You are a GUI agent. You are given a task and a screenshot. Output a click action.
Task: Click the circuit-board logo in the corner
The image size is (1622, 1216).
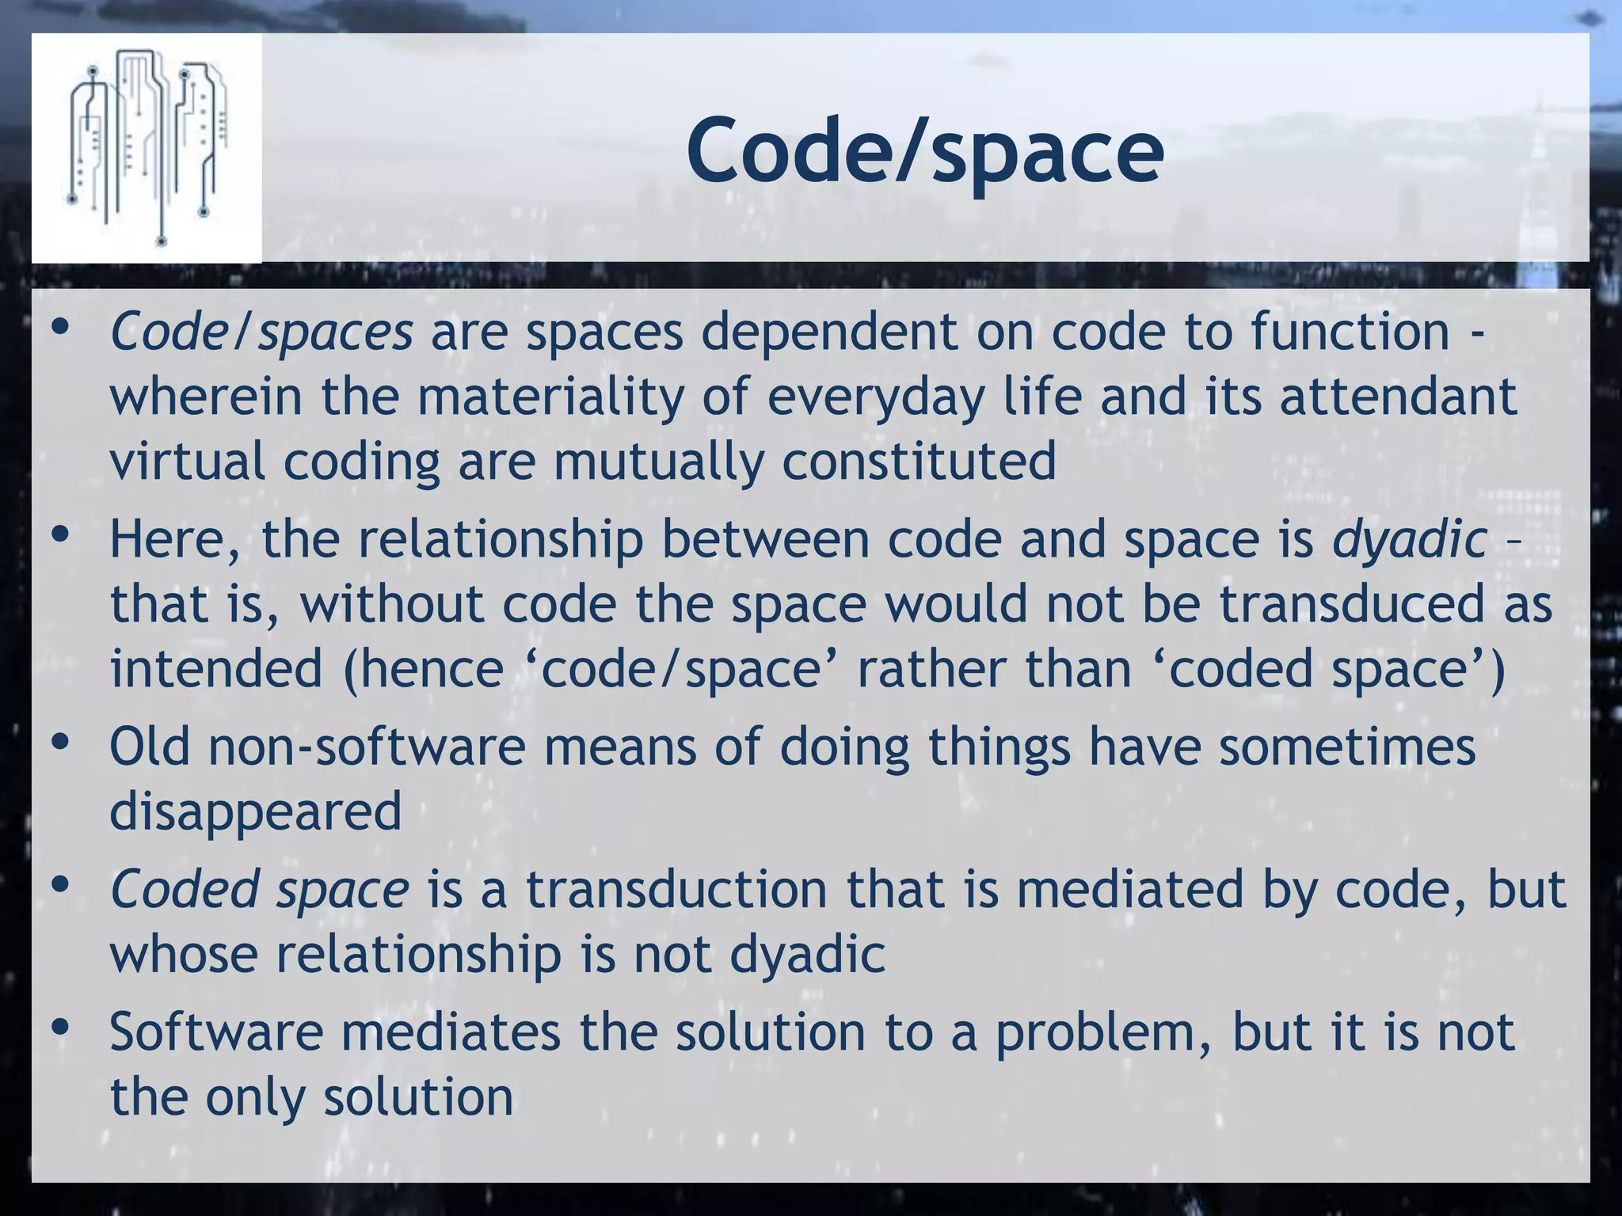coord(147,148)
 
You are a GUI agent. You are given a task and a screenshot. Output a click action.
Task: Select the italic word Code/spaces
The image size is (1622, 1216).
coord(261,332)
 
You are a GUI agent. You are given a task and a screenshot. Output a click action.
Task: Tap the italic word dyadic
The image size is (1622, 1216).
coord(1409,540)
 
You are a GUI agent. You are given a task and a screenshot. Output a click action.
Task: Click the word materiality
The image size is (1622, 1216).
coord(550,397)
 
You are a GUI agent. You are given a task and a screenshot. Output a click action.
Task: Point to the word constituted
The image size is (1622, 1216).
coord(919,462)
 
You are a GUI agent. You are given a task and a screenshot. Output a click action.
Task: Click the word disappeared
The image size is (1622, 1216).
coord(255,812)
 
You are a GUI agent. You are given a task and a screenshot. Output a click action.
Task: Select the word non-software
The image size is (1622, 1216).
coord(367,747)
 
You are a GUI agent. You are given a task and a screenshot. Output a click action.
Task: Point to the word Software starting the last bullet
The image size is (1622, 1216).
coord(216,1032)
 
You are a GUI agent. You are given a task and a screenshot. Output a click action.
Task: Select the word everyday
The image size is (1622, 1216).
coord(875,397)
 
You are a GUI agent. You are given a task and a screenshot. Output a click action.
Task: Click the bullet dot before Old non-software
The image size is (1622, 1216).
coord(59,743)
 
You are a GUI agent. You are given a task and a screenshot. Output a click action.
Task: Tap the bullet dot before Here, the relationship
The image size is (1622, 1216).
coord(59,536)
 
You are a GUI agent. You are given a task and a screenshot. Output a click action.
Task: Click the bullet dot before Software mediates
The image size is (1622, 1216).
coord(59,1028)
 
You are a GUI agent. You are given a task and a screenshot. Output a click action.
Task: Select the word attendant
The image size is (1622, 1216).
coord(1398,397)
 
